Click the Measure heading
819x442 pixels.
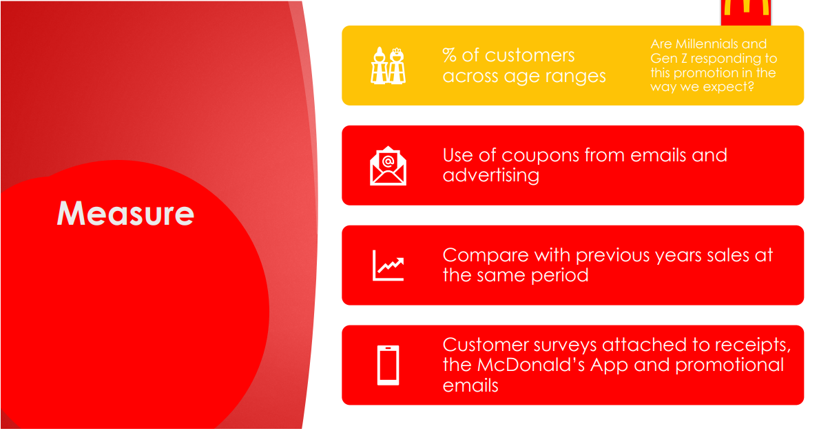(x=125, y=214)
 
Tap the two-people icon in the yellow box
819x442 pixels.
(x=388, y=66)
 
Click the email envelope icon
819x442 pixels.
(x=388, y=165)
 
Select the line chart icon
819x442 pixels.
(x=388, y=265)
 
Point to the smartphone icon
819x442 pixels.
(x=388, y=365)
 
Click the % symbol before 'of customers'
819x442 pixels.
(x=449, y=55)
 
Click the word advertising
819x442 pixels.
(x=491, y=175)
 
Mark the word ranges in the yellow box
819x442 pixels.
(x=572, y=77)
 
